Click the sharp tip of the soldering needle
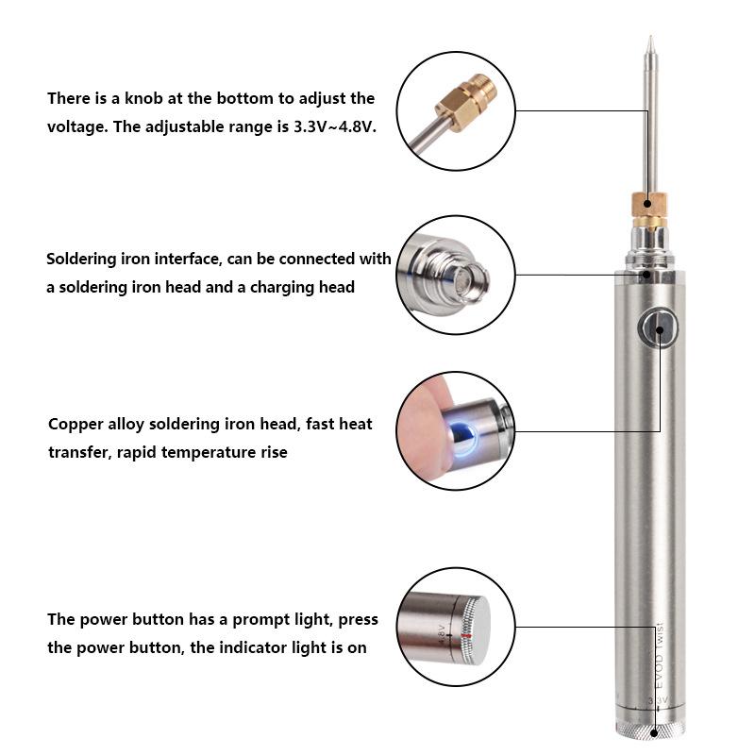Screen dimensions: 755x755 tap(649, 41)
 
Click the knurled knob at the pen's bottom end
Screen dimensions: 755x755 tap(650, 730)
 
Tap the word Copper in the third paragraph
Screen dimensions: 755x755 tap(75, 425)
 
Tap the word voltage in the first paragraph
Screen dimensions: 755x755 tap(76, 126)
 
